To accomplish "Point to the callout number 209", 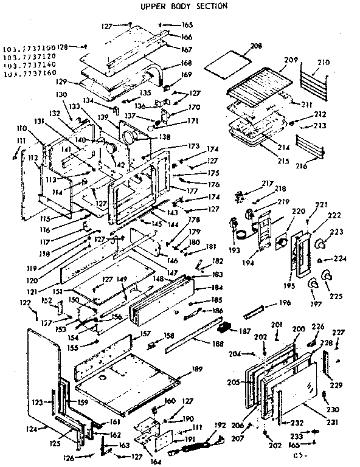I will [290, 60].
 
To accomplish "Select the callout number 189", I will [196, 368].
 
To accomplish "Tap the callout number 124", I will [32, 428].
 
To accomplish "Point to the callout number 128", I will [63, 46].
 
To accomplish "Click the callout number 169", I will [186, 74].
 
